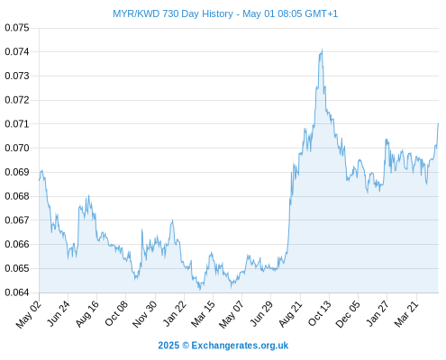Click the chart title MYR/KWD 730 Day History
pyautogui.click(x=173, y=13)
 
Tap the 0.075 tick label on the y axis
pyautogui.click(x=17, y=28)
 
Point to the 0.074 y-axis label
pyautogui.click(x=17, y=52)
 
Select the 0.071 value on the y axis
pyautogui.click(x=17, y=124)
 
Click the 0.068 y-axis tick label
pyautogui.click(x=17, y=196)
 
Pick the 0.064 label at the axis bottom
pyautogui.click(x=17, y=292)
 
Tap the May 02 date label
pyautogui.click(x=29, y=314)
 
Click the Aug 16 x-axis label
pyautogui.click(x=87, y=314)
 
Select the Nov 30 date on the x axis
pyautogui.click(x=145, y=314)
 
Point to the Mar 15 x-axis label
pyautogui.click(x=204, y=314)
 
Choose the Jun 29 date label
pyautogui.click(x=261, y=314)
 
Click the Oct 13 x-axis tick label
pyautogui.click(x=320, y=313)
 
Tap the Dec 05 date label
pyautogui.click(x=348, y=314)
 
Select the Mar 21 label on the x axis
pyautogui.click(x=406, y=314)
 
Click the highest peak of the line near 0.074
pyautogui.click(x=322, y=49)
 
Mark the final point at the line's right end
pyautogui.click(x=438, y=123)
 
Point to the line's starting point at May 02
pyautogui.click(x=39, y=180)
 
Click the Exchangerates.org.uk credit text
pyautogui.click(x=240, y=346)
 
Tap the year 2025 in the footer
pyautogui.click(x=168, y=346)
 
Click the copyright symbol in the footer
pyautogui.click(x=186, y=346)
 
